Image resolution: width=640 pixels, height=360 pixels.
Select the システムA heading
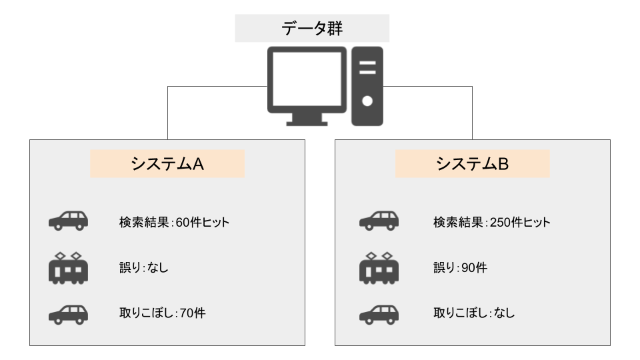tap(167, 164)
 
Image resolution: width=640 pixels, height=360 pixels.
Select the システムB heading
tap(473, 164)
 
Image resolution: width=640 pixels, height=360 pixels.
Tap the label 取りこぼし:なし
tap(474, 313)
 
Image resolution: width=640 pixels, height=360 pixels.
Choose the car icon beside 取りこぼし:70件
tap(68, 313)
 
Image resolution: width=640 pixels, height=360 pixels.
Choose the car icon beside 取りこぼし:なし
tap(378, 313)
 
